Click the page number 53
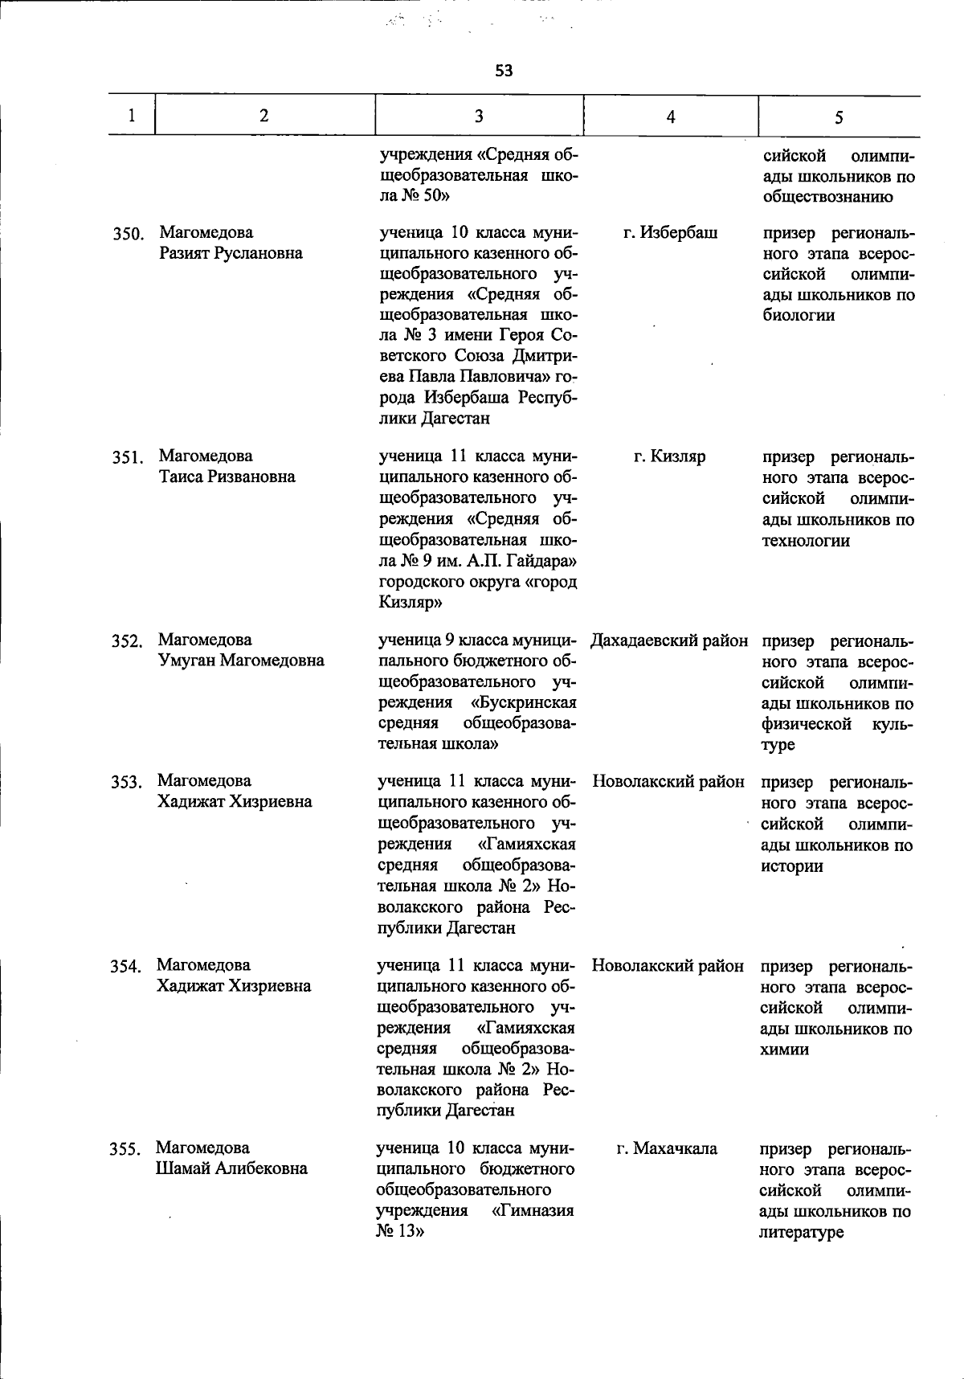(504, 71)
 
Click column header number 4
(671, 117)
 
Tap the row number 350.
(127, 235)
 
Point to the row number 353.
(126, 782)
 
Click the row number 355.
(125, 1150)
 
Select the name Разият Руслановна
(231, 253)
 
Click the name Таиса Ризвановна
(227, 477)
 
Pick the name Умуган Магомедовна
(241, 661)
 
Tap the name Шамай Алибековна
(231, 1168)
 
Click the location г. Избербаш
(670, 233)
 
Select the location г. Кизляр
(669, 456)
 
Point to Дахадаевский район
(669, 641)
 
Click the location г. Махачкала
(667, 1148)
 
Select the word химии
(785, 1050)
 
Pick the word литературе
(801, 1232)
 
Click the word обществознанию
(827, 196)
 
